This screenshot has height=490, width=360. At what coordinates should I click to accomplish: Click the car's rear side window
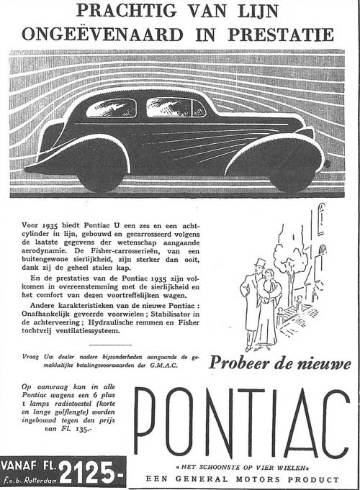coord(111,108)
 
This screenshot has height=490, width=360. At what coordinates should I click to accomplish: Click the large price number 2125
coord(87,473)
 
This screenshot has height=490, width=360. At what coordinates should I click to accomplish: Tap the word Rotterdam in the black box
coord(37,479)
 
